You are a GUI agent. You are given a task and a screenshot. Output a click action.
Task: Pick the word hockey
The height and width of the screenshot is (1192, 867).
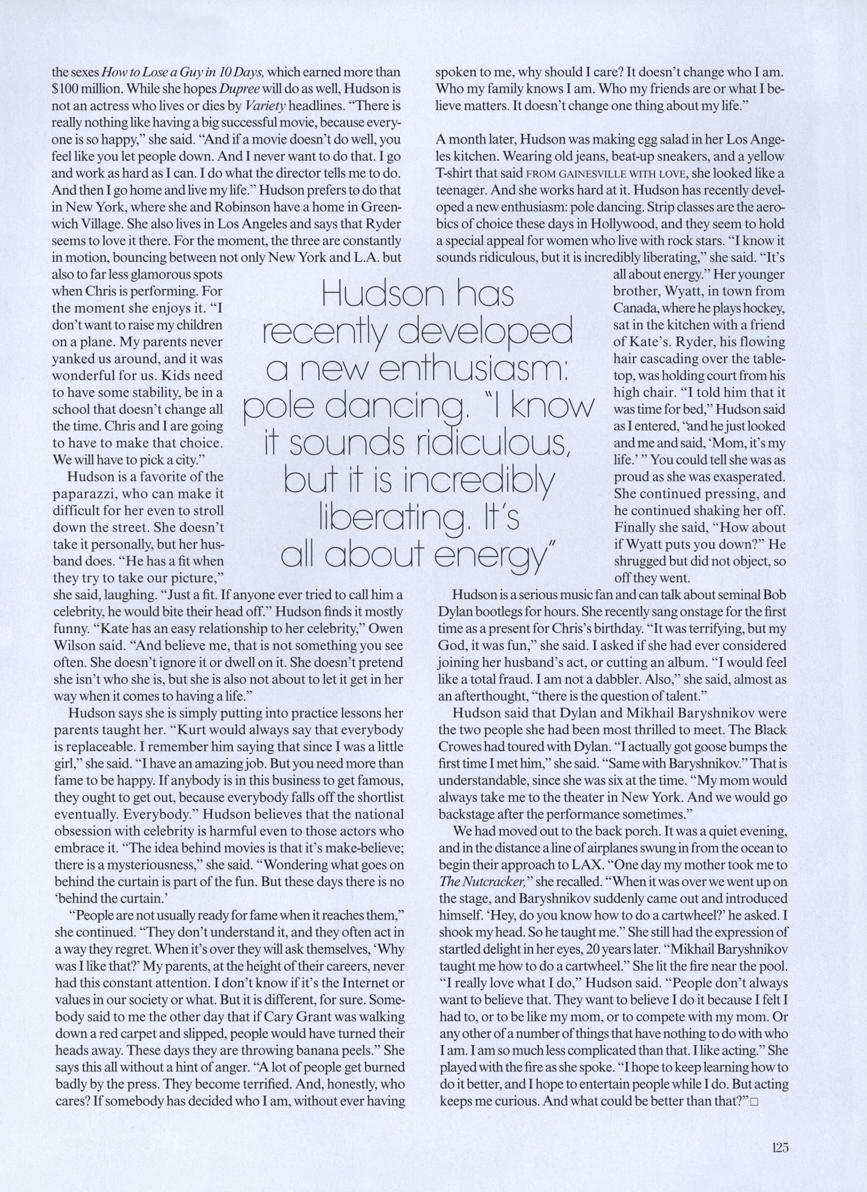point(766,308)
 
